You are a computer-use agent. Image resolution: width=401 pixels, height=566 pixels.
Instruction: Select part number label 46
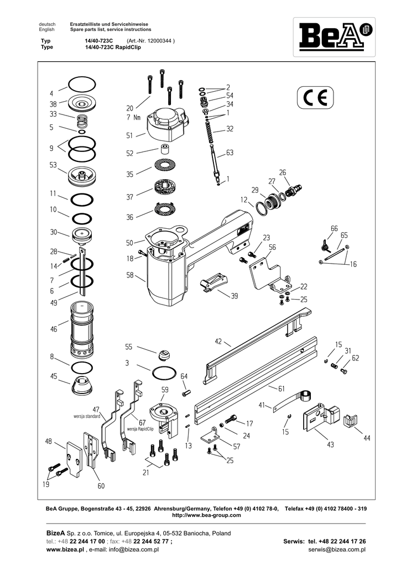53,329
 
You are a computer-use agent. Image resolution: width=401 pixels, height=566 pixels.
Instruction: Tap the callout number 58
130,275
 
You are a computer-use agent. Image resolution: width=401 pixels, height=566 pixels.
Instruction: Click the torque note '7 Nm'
133,117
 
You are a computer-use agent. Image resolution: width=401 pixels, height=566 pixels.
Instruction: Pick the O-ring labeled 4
81,85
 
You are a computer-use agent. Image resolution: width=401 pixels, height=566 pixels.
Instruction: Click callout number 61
281,388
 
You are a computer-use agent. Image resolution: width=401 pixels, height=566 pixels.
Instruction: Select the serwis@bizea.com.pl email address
337,550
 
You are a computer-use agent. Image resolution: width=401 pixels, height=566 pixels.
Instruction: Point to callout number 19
45,484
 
